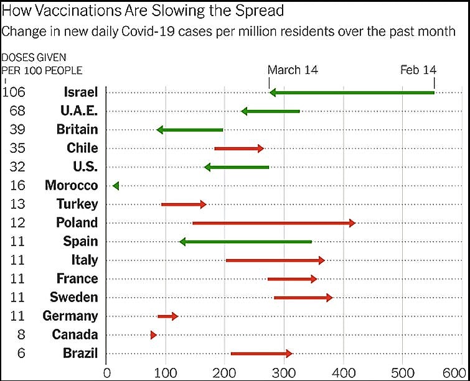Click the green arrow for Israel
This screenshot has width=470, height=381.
pos(352,93)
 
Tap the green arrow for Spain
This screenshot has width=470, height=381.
pos(245,241)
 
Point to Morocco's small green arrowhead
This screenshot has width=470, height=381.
pos(115,185)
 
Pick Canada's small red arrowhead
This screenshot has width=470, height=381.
pos(153,335)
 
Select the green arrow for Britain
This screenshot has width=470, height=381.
pos(190,130)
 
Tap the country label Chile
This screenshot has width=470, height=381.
pos(82,148)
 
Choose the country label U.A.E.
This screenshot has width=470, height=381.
pos(79,111)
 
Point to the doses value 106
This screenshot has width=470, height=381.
pos(14,92)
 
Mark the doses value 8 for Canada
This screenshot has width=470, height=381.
pos(21,334)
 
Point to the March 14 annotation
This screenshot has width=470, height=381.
pos(293,70)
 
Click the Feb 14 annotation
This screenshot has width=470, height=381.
pos(418,70)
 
